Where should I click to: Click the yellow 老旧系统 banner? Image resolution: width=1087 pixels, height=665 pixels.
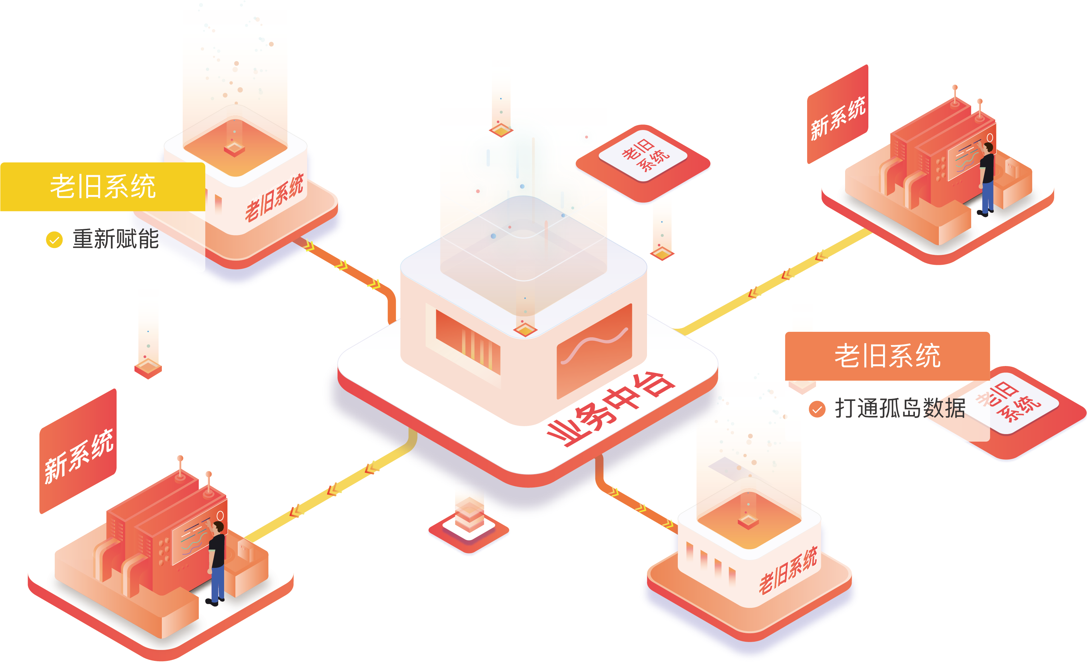coord(102,186)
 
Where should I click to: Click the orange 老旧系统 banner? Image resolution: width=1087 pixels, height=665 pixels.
coord(887,356)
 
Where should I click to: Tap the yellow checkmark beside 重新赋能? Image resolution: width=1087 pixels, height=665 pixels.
coord(54,240)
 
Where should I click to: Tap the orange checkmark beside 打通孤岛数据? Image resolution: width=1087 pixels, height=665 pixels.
coord(817,409)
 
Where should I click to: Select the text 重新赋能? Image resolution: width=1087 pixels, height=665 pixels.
coord(116,239)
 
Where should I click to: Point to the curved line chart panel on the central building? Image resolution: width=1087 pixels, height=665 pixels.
coord(594,351)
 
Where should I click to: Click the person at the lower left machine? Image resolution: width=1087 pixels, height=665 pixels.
coord(217,562)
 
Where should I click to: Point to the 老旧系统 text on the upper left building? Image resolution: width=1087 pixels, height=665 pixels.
coord(274,198)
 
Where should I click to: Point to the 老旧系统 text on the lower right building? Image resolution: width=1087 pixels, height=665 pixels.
coord(788,570)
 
